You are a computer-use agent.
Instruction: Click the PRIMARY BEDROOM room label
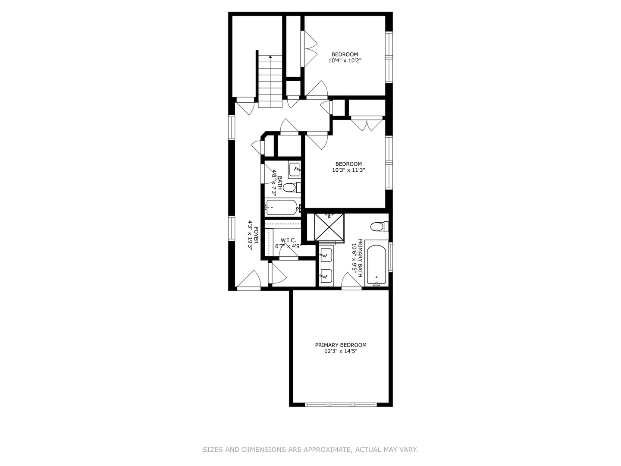[x=341, y=345]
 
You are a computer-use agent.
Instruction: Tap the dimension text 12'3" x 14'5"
[x=341, y=351]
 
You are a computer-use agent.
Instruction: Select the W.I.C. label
[x=288, y=240]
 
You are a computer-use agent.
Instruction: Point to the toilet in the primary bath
[x=379, y=226]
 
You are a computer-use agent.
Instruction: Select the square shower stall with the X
[x=328, y=226]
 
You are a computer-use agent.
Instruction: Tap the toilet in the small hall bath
[x=292, y=188]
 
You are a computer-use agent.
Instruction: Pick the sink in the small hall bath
[x=295, y=169]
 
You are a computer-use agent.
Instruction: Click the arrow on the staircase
[x=270, y=57]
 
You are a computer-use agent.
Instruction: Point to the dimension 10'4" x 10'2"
[x=345, y=61]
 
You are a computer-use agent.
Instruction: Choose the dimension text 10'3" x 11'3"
[x=348, y=170]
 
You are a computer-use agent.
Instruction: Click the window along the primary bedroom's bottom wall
[x=341, y=404]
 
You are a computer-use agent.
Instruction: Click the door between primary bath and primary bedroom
[x=351, y=282]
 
